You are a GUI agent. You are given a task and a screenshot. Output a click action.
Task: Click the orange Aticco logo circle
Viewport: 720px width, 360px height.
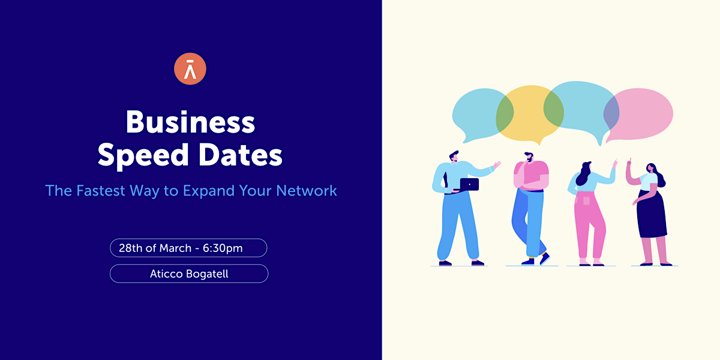coord(190,69)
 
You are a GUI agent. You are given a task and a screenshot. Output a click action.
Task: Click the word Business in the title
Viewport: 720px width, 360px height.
coord(190,122)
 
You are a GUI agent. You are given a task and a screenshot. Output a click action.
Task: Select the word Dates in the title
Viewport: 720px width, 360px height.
coord(241,155)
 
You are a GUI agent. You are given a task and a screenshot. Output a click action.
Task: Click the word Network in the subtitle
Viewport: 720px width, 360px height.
coord(307,191)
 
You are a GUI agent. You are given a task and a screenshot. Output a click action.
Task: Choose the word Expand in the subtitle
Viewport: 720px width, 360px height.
coord(209,191)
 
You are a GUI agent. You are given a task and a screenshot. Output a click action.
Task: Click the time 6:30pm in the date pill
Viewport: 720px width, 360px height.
coord(223,248)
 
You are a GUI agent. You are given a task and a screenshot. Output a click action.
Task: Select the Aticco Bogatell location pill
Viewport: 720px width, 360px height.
coord(189,274)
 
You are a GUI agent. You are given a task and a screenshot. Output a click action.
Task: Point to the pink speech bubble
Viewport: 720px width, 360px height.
coord(638,115)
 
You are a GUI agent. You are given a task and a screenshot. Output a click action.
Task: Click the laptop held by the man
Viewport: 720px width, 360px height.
coord(469,185)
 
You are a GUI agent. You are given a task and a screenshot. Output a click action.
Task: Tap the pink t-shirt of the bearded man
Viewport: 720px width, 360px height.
coord(532,175)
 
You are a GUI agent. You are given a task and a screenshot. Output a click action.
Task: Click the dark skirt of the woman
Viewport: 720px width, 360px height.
coord(652,214)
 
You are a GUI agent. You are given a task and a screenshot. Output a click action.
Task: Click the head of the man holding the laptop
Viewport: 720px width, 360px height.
coord(454,156)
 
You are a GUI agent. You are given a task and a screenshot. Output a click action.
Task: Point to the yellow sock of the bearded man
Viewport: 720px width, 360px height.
coord(542,254)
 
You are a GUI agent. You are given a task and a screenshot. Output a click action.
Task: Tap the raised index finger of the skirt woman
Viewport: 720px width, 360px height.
coord(630,160)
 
